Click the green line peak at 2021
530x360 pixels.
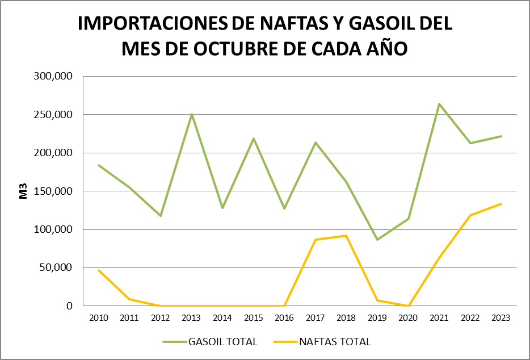(439, 104)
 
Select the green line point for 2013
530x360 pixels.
(192, 114)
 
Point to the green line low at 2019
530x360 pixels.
(377, 240)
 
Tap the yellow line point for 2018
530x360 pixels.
(346, 236)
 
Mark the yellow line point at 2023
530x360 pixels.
(501, 204)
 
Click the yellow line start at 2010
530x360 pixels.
(99, 270)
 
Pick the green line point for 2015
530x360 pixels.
(254, 139)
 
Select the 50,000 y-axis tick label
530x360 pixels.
(57, 267)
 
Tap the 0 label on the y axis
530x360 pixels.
(70, 306)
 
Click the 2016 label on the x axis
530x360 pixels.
(284, 318)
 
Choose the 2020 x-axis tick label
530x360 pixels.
(408, 318)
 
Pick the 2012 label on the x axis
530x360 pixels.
(161, 318)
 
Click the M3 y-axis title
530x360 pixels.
(24, 191)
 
